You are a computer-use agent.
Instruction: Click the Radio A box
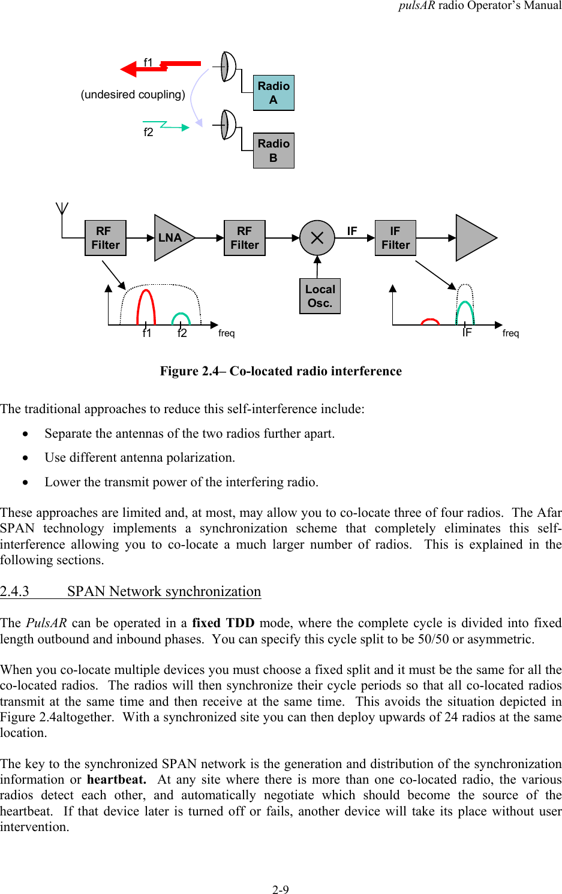click(274, 93)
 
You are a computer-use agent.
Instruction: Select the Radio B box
click(274, 150)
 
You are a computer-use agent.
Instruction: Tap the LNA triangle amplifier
click(172, 238)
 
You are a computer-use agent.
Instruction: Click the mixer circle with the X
click(317, 238)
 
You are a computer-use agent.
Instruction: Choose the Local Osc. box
click(320, 296)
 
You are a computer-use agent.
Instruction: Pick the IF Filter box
click(395, 238)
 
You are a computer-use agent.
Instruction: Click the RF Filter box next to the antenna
click(106, 238)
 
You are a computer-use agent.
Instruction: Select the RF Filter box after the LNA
click(245, 238)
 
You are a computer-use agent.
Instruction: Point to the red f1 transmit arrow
click(159, 67)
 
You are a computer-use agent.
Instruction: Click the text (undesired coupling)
click(133, 95)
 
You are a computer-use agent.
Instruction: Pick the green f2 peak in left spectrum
click(181, 318)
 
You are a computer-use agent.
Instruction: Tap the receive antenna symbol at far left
click(62, 210)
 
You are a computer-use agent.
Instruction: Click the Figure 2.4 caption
click(281, 371)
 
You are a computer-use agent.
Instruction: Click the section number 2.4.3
click(15, 592)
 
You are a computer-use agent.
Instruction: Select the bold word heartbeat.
click(116, 779)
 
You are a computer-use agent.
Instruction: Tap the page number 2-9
click(281, 890)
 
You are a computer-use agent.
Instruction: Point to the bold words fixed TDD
click(223, 623)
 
